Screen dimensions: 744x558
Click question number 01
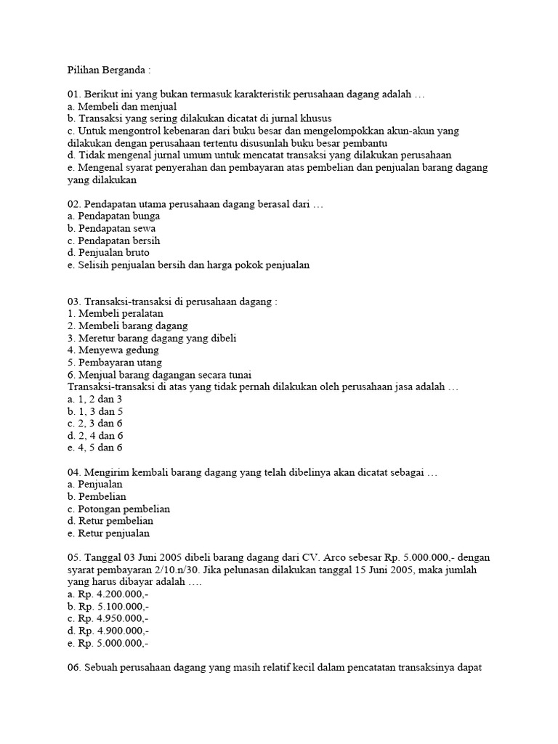73,94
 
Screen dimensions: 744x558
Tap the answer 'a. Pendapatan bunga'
113,216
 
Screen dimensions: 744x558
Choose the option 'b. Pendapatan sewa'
111,228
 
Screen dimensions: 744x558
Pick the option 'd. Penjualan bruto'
108,252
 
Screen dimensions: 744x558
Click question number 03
73,302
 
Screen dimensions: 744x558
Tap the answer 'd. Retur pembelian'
110,520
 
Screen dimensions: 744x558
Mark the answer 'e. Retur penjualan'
110,533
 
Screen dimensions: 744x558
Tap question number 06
73,667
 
